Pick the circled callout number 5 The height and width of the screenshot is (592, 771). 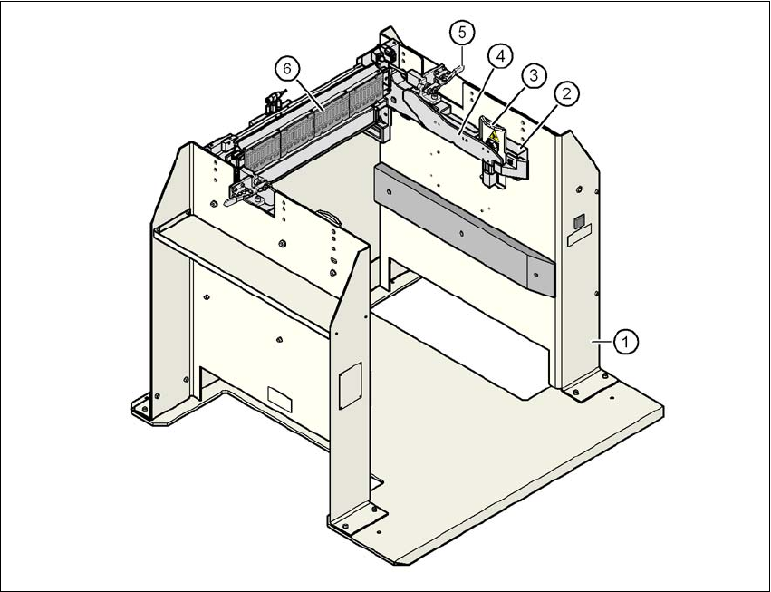tap(461, 34)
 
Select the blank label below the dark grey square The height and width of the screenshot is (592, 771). tap(579, 239)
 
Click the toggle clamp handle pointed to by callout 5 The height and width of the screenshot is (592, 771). tap(449, 72)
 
